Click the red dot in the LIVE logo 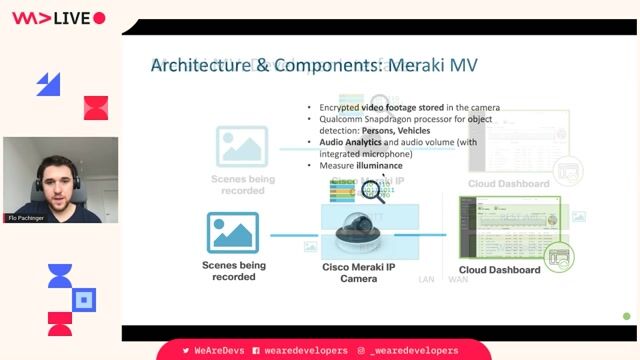[99, 18]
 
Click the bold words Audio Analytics [350, 142]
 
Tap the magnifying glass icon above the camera [373, 190]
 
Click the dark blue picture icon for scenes [233, 232]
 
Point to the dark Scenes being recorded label [234, 270]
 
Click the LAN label [427, 279]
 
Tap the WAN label [457, 279]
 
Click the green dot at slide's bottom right [627, 316]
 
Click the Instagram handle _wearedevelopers [414, 351]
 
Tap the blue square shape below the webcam [85, 298]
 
